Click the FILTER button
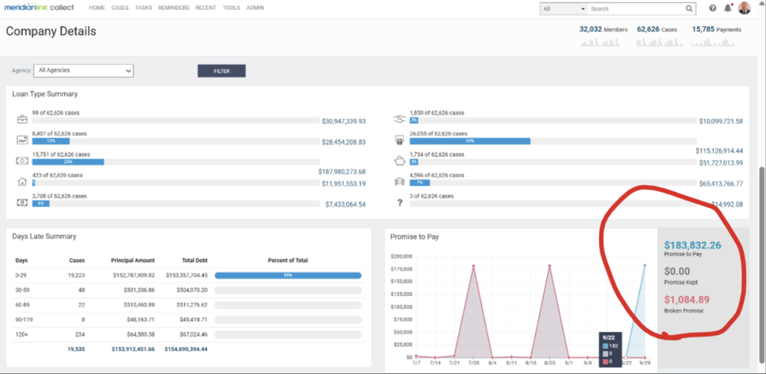(x=221, y=71)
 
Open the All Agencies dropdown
(x=83, y=70)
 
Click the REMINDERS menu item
(x=173, y=8)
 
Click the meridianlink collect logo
(x=42, y=8)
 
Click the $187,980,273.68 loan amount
(x=342, y=172)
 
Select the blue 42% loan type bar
(x=470, y=141)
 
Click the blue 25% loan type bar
(x=67, y=162)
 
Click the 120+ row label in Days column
(x=20, y=333)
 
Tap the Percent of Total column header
(x=288, y=260)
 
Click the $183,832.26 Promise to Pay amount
(x=692, y=245)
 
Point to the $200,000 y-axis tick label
(x=401, y=256)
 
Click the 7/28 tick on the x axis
(x=474, y=363)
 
